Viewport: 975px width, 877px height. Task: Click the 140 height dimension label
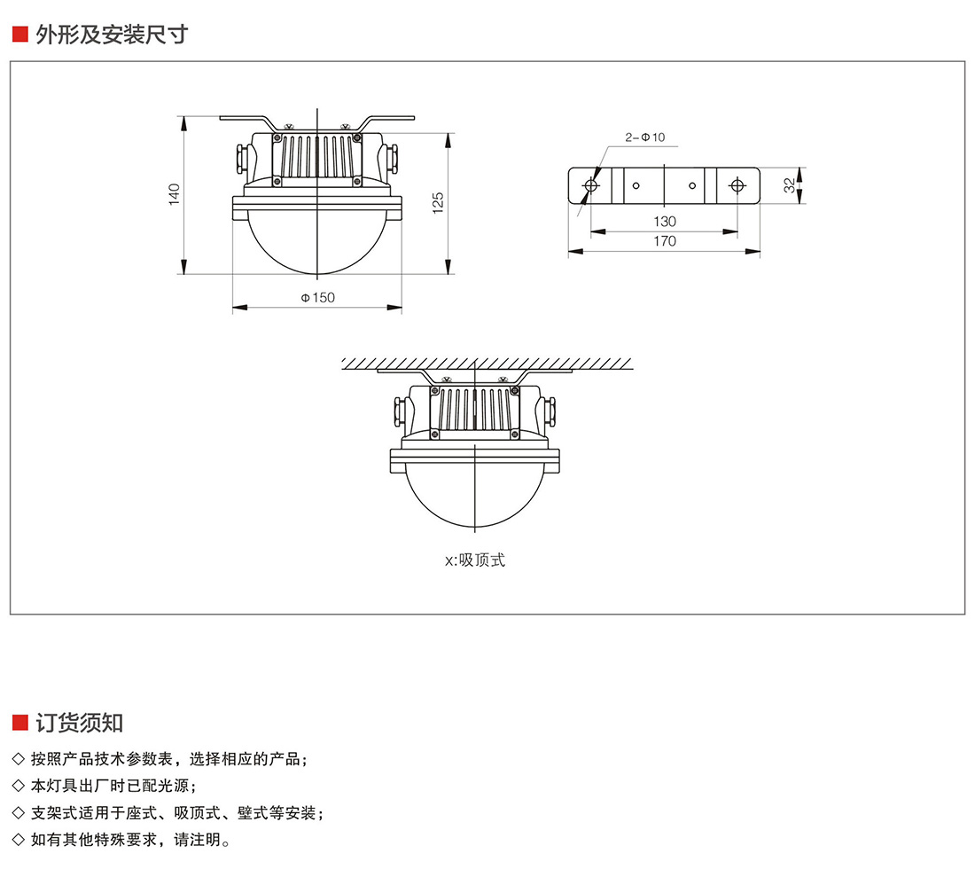pyautogui.click(x=175, y=194)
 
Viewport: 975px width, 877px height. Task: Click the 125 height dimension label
pyautogui.click(x=437, y=203)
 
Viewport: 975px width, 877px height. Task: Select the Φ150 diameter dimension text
pyautogui.click(x=317, y=298)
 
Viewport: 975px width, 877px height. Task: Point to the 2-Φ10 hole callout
pyautogui.click(x=644, y=137)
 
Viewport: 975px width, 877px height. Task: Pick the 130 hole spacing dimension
pyautogui.click(x=664, y=222)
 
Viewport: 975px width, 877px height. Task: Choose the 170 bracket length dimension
pyautogui.click(x=664, y=241)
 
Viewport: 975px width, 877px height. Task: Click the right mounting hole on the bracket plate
pyautogui.click(x=737, y=185)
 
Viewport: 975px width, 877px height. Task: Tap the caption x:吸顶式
pyautogui.click(x=475, y=560)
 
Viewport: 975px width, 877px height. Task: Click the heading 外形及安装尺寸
pyautogui.click(x=112, y=35)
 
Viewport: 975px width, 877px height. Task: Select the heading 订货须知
pyautogui.click(x=79, y=722)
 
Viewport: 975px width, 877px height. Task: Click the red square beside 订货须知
pyautogui.click(x=19, y=722)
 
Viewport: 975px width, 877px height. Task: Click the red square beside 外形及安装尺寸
pyautogui.click(x=19, y=35)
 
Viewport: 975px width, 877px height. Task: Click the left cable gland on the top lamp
pyautogui.click(x=241, y=158)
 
